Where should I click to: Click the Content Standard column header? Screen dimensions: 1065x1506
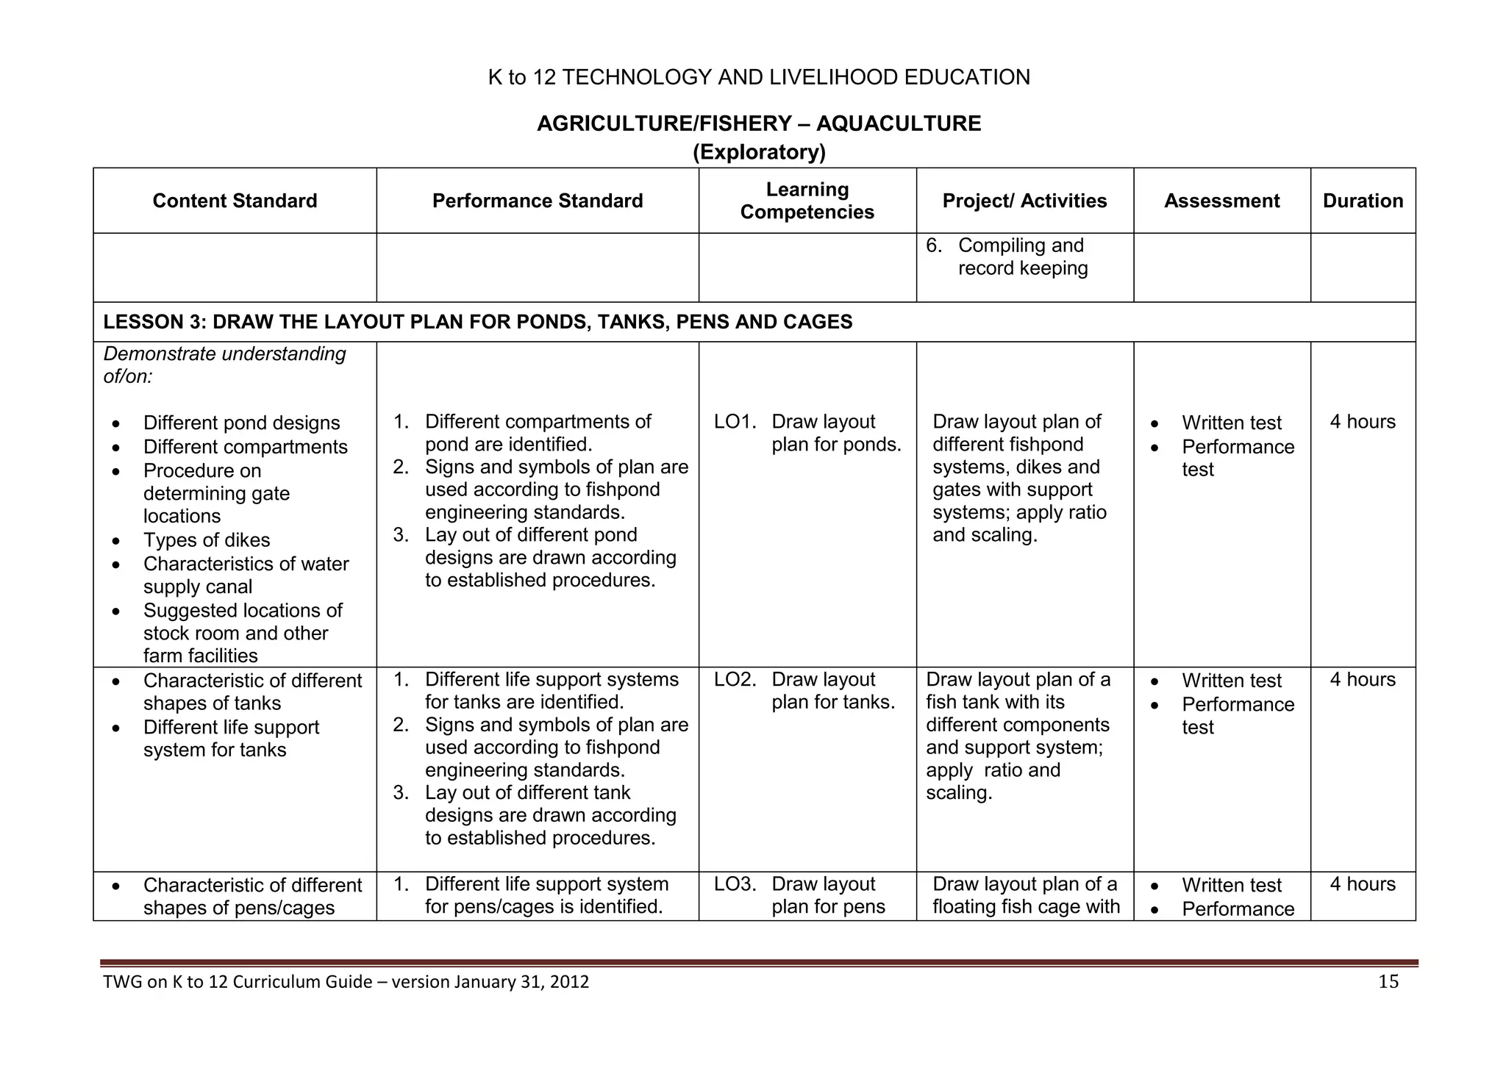[x=235, y=201]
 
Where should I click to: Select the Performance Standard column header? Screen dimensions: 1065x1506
[x=537, y=201]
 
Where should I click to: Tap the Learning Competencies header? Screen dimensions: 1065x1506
[x=807, y=201]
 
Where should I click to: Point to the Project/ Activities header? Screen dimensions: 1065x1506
[x=1024, y=201]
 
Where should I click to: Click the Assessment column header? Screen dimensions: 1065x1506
[x=1221, y=201]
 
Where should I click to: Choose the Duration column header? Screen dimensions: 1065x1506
[x=1363, y=201]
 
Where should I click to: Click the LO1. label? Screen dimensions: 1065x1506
[x=735, y=422]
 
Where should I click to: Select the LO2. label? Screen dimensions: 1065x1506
[x=735, y=680]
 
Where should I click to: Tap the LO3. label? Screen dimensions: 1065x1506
[x=735, y=884]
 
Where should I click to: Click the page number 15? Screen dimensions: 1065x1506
[x=1388, y=982]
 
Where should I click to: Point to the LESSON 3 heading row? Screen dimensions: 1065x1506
[x=477, y=322]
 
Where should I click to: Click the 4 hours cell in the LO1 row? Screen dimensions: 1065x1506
[x=1362, y=422]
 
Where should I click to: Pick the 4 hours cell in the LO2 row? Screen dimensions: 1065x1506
[x=1362, y=680]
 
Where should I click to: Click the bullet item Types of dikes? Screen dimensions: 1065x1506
[x=207, y=540]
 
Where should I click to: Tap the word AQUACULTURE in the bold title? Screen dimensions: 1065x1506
[x=898, y=123]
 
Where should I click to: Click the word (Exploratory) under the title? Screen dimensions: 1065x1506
[x=759, y=152]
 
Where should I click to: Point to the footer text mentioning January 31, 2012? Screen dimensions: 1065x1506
[x=346, y=982]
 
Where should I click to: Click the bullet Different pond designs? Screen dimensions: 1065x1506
[x=241, y=423]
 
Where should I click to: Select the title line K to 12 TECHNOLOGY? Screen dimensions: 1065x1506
[x=758, y=77]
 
